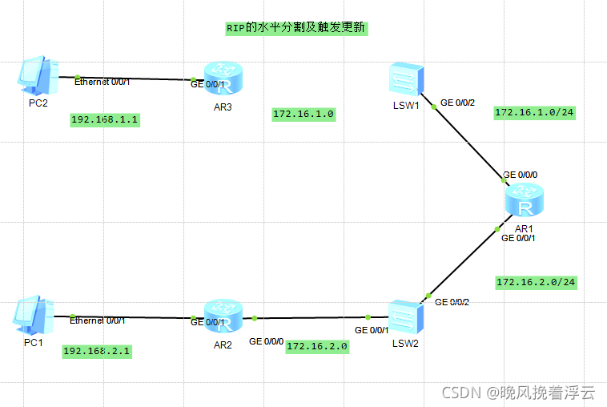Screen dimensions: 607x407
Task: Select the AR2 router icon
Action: point(223,315)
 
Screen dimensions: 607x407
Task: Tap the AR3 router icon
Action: point(223,79)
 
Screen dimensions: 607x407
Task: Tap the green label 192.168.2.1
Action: point(96,352)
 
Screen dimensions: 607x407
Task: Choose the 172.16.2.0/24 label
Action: point(536,283)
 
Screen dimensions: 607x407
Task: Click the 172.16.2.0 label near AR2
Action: point(317,346)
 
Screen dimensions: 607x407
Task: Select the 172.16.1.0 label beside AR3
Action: point(303,115)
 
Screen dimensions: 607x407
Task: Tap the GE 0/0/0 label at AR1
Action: point(520,175)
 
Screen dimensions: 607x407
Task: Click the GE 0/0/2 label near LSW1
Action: point(458,103)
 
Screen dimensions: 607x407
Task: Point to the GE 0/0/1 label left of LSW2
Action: point(372,330)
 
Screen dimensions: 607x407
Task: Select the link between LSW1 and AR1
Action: point(468,141)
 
